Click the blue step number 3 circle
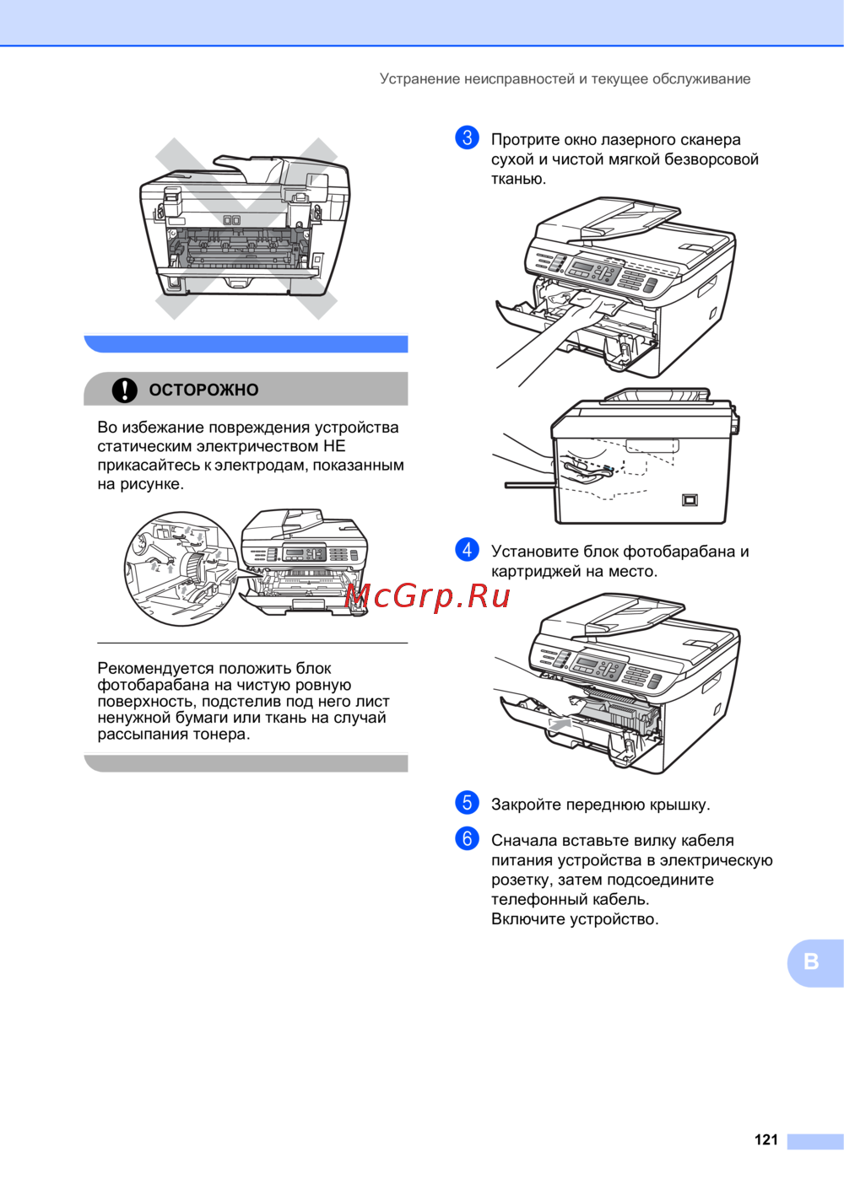pyautogui.click(x=468, y=138)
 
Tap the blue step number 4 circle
pyautogui.click(x=468, y=549)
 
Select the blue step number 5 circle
pyautogui.click(x=468, y=802)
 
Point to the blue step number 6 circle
pyautogui.click(x=468, y=838)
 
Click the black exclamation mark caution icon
pyautogui.click(x=125, y=390)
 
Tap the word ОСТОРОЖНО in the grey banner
pyautogui.click(x=203, y=390)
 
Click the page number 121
pyautogui.click(x=766, y=1140)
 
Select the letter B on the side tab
pyautogui.click(x=811, y=961)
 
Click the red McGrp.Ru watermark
pyautogui.click(x=427, y=595)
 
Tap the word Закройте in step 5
pyautogui.click(x=526, y=805)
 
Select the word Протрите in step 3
pyautogui.click(x=525, y=140)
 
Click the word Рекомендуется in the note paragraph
pyautogui.click(x=155, y=668)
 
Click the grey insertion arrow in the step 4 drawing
pyautogui.click(x=560, y=723)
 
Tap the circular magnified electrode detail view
pyautogui.click(x=181, y=568)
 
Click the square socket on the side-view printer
pyautogui.click(x=690, y=499)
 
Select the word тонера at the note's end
pyautogui.click(x=221, y=735)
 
